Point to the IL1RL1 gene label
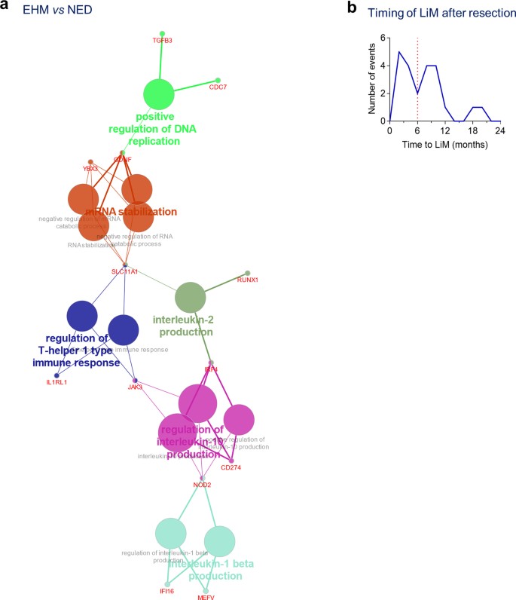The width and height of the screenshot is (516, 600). click(56, 383)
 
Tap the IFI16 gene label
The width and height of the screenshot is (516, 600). click(167, 592)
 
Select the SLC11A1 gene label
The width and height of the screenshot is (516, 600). click(125, 271)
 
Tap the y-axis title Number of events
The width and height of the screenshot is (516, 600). click(372, 78)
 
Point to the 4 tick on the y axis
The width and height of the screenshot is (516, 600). click(383, 66)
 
